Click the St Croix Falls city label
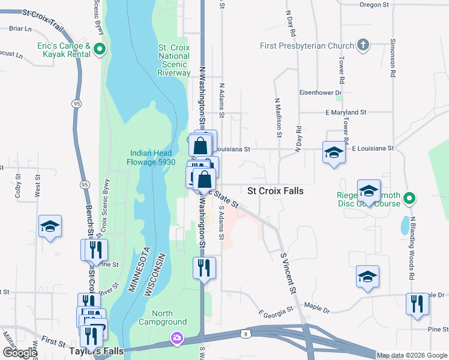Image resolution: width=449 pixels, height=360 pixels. point(276,191)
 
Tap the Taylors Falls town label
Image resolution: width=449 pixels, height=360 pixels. point(96,351)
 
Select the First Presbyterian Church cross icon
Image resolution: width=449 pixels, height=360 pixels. point(363,45)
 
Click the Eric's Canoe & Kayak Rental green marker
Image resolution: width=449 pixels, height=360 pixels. point(100,50)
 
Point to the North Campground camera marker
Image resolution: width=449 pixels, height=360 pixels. point(176,338)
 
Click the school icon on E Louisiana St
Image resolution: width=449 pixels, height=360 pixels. point(334,152)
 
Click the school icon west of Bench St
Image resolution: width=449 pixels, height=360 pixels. point(50,226)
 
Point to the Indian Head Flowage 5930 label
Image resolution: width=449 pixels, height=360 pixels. point(151,157)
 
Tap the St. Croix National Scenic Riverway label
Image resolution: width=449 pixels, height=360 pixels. point(174,60)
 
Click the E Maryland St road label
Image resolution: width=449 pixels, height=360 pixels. point(345,112)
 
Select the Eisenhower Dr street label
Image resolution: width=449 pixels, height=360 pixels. point(320,92)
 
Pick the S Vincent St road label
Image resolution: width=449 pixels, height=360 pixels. point(289,273)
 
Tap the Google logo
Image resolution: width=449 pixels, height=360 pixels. point(20,352)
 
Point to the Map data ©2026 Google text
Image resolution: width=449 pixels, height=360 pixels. point(411,355)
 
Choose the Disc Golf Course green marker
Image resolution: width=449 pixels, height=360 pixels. point(409,197)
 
